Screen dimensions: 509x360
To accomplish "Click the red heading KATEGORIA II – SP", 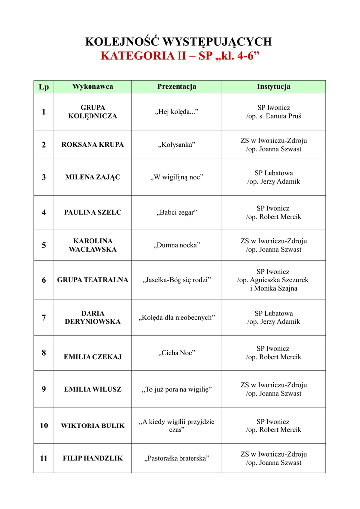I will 180,56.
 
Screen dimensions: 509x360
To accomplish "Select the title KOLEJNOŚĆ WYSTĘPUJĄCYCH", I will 180,42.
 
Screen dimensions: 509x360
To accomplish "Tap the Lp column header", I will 44,87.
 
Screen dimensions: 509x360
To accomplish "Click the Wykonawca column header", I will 92,87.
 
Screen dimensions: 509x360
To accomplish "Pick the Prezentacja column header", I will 177,87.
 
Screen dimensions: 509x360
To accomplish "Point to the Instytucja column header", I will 273,87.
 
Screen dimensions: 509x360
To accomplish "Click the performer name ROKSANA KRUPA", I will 92,145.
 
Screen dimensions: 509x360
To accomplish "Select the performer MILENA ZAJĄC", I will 92,177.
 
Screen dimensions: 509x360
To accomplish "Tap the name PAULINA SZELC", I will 92,212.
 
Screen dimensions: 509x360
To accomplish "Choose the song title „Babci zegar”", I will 177,212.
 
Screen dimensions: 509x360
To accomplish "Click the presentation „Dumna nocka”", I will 177,245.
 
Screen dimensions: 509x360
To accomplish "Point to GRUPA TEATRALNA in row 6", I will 92,280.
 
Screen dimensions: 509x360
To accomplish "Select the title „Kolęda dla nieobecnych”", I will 177,317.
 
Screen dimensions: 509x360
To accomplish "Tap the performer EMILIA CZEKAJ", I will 92,357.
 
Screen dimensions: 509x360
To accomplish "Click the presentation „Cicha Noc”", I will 177,353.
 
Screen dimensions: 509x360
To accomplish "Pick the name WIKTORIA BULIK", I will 92,425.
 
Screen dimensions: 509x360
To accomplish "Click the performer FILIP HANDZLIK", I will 92,458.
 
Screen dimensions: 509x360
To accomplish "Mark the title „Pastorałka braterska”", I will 177,458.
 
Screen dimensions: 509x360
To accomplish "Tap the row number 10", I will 44,425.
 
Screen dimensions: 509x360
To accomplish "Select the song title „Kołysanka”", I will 177,145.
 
